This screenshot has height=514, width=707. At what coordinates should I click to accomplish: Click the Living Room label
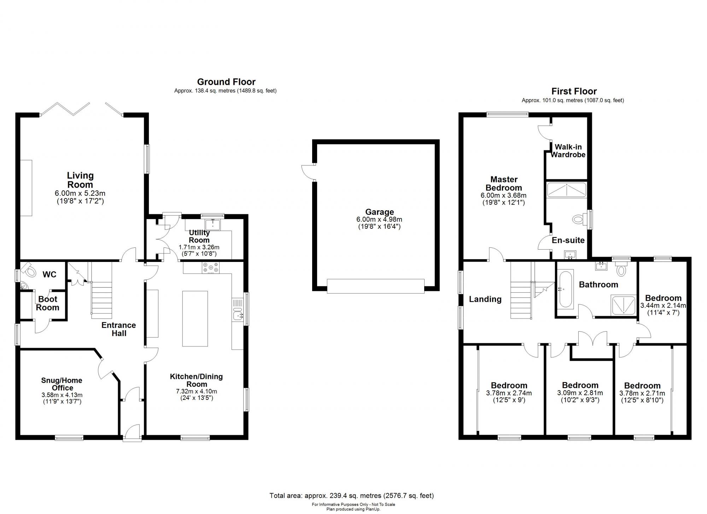pyautogui.click(x=80, y=180)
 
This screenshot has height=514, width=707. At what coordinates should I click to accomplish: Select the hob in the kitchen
pyautogui.click(x=211, y=268)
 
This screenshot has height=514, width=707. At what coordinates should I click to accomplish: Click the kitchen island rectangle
pyautogui.click(x=195, y=319)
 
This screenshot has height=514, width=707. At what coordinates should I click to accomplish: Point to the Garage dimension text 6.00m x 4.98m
pyautogui.click(x=379, y=220)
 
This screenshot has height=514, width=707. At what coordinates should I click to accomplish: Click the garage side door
pyautogui.click(x=307, y=173)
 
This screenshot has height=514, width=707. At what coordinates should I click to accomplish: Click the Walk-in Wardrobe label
pyautogui.click(x=568, y=151)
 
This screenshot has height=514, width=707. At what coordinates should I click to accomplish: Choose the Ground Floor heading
pyautogui.click(x=226, y=82)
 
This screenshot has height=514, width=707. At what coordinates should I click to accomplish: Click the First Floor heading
pyautogui.click(x=574, y=92)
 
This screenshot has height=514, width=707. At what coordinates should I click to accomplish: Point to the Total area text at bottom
pyautogui.click(x=351, y=496)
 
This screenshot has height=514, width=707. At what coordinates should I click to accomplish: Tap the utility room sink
pyautogui.click(x=213, y=225)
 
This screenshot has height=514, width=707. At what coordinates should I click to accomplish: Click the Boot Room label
pyautogui.click(x=48, y=303)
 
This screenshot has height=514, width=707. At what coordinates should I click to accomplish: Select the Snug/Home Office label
pyautogui.click(x=62, y=384)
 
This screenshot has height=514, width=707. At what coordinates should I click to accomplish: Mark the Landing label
pyautogui.click(x=485, y=299)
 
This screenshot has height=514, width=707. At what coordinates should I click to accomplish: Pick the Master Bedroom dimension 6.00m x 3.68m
pyautogui.click(x=503, y=195)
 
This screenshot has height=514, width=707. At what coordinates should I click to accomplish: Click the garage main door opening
pyautogui.click(x=375, y=286)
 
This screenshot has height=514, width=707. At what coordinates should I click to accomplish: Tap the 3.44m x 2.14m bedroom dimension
pyautogui.click(x=663, y=305)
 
